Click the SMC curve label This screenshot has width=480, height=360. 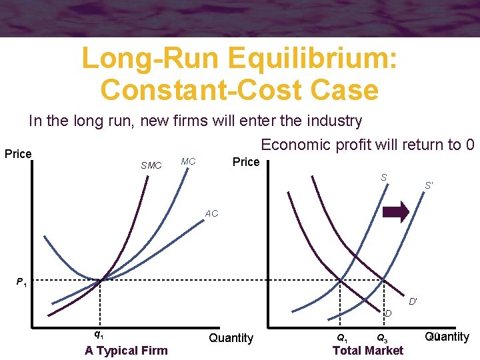click(x=151, y=165)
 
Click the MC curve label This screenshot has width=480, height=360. click(x=188, y=161)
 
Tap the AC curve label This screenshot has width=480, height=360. click(x=211, y=214)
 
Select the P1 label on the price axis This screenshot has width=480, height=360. click(x=22, y=283)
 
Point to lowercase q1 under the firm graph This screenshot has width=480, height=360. click(x=98, y=334)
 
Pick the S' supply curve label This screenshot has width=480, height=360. click(x=430, y=185)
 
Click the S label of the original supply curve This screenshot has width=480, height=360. click(x=384, y=177)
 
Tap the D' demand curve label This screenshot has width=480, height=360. click(x=413, y=302)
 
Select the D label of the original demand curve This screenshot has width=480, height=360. click(x=387, y=313)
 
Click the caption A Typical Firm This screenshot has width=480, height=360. click(x=126, y=351)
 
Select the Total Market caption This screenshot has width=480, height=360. click(x=367, y=351)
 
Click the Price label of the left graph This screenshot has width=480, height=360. click(x=18, y=154)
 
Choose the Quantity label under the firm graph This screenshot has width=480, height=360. click(x=231, y=338)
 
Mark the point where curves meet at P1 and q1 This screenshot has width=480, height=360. click(x=100, y=280)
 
